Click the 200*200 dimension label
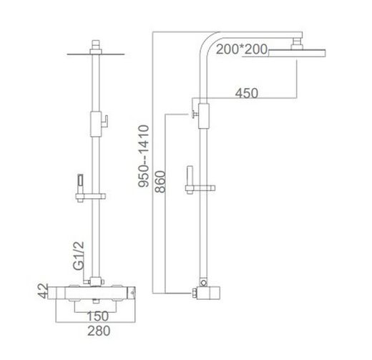coord(242,49)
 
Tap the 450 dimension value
coord(247,93)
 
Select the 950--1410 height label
coord(144,156)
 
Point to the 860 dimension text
coord(160,182)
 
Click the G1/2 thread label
coord(79,256)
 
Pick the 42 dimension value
coord(43,291)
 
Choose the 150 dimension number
coord(98,316)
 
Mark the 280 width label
coord(99,331)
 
